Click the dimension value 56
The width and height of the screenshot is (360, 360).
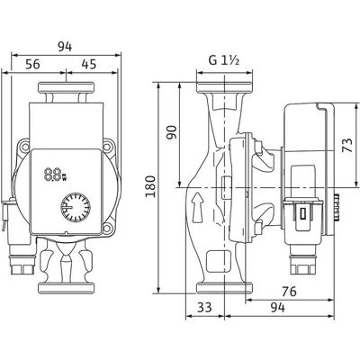coord(32,64)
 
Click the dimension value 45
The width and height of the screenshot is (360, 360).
coord(89,64)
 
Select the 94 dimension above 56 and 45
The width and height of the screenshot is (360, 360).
coord(65,47)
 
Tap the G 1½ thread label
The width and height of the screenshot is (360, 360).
coord(224,61)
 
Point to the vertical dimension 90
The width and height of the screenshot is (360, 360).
coord(172,132)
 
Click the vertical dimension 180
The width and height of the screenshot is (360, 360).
coord(150,186)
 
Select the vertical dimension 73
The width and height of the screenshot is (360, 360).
coord(347,145)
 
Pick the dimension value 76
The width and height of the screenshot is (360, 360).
coord(289,292)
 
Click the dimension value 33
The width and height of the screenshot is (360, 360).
coord(204,307)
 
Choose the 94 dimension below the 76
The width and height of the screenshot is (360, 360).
coord(277,307)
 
